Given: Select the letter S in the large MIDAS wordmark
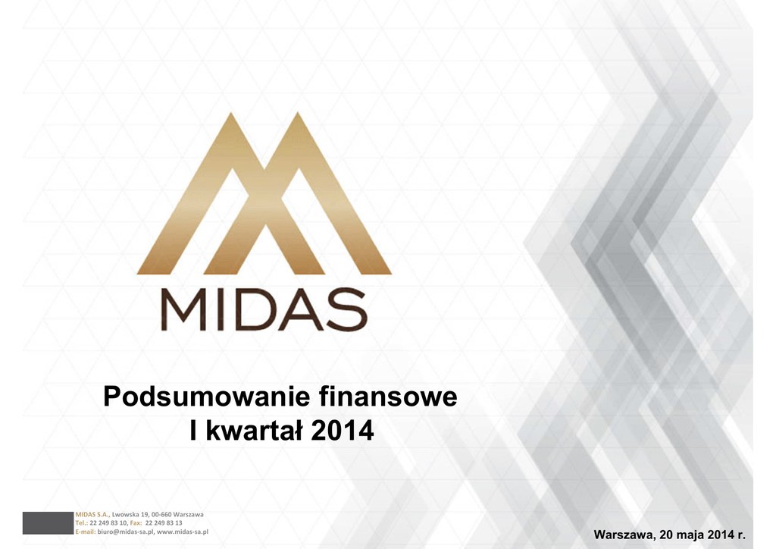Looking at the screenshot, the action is pyautogui.click(x=346, y=310).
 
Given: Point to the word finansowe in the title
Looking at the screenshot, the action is pyautogui.click(x=388, y=397).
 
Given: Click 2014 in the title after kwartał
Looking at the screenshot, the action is pyautogui.click(x=342, y=431).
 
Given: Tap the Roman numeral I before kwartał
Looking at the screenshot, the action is pyautogui.click(x=194, y=430).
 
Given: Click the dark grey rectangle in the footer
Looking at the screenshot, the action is pyautogui.click(x=48, y=522).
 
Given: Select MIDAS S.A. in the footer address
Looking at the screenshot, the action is pyautogui.click(x=92, y=514).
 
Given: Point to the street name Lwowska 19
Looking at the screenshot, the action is pyautogui.click(x=130, y=514).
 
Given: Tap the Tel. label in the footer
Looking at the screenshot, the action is pyautogui.click(x=81, y=522).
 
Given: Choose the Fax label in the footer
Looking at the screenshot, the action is pyautogui.click(x=136, y=522).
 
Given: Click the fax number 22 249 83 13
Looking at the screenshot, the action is pyautogui.click(x=164, y=522).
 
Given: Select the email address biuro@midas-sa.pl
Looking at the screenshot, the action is pyautogui.click(x=126, y=532).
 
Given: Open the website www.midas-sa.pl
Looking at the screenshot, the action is pyautogui.click(x=183, y=532).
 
